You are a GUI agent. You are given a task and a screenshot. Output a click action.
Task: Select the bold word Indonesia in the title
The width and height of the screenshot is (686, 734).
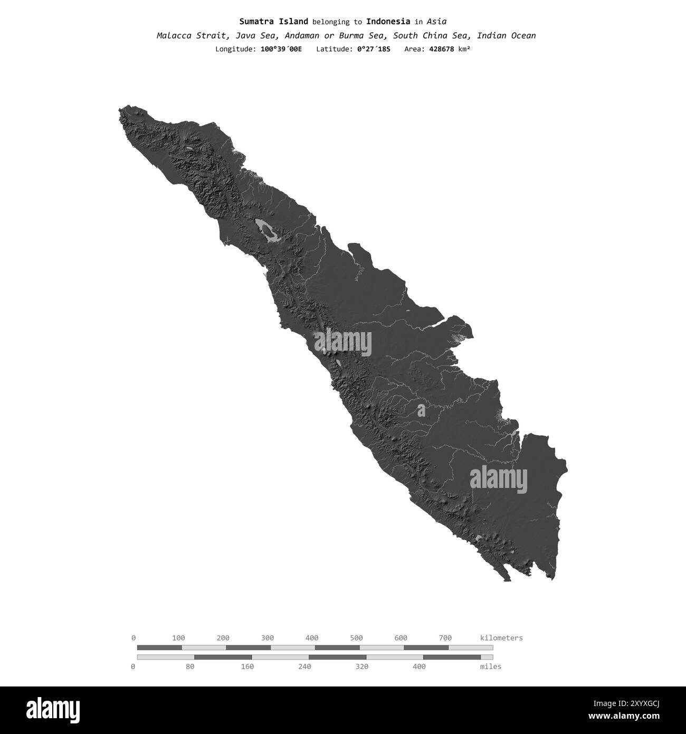[388, 22]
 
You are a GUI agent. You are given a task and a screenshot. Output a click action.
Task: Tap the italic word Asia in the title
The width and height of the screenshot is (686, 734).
[436, 22]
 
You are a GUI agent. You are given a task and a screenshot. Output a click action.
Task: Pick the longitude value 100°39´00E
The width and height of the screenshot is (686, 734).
[281, 49]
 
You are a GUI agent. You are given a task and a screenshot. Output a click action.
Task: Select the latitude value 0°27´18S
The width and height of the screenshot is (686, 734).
[374, 49]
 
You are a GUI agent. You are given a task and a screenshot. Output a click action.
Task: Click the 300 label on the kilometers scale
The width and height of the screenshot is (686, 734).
[268, 638]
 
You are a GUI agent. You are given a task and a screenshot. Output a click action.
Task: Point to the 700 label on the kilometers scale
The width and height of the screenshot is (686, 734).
[445, 638]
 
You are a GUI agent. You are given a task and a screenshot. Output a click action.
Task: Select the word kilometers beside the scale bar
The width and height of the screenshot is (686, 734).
[501, 638]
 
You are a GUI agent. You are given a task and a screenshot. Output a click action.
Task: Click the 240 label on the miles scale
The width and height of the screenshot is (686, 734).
[304, 666]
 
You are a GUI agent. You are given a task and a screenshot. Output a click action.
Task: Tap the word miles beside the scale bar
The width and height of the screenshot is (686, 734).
[491, 666]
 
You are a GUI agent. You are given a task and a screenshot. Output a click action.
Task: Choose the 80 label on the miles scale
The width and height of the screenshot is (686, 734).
[190, 666]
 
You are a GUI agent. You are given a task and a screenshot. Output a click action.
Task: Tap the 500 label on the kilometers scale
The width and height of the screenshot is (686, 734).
[356, 638]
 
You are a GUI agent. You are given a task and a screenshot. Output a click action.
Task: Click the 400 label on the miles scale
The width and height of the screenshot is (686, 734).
[419, 666]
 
